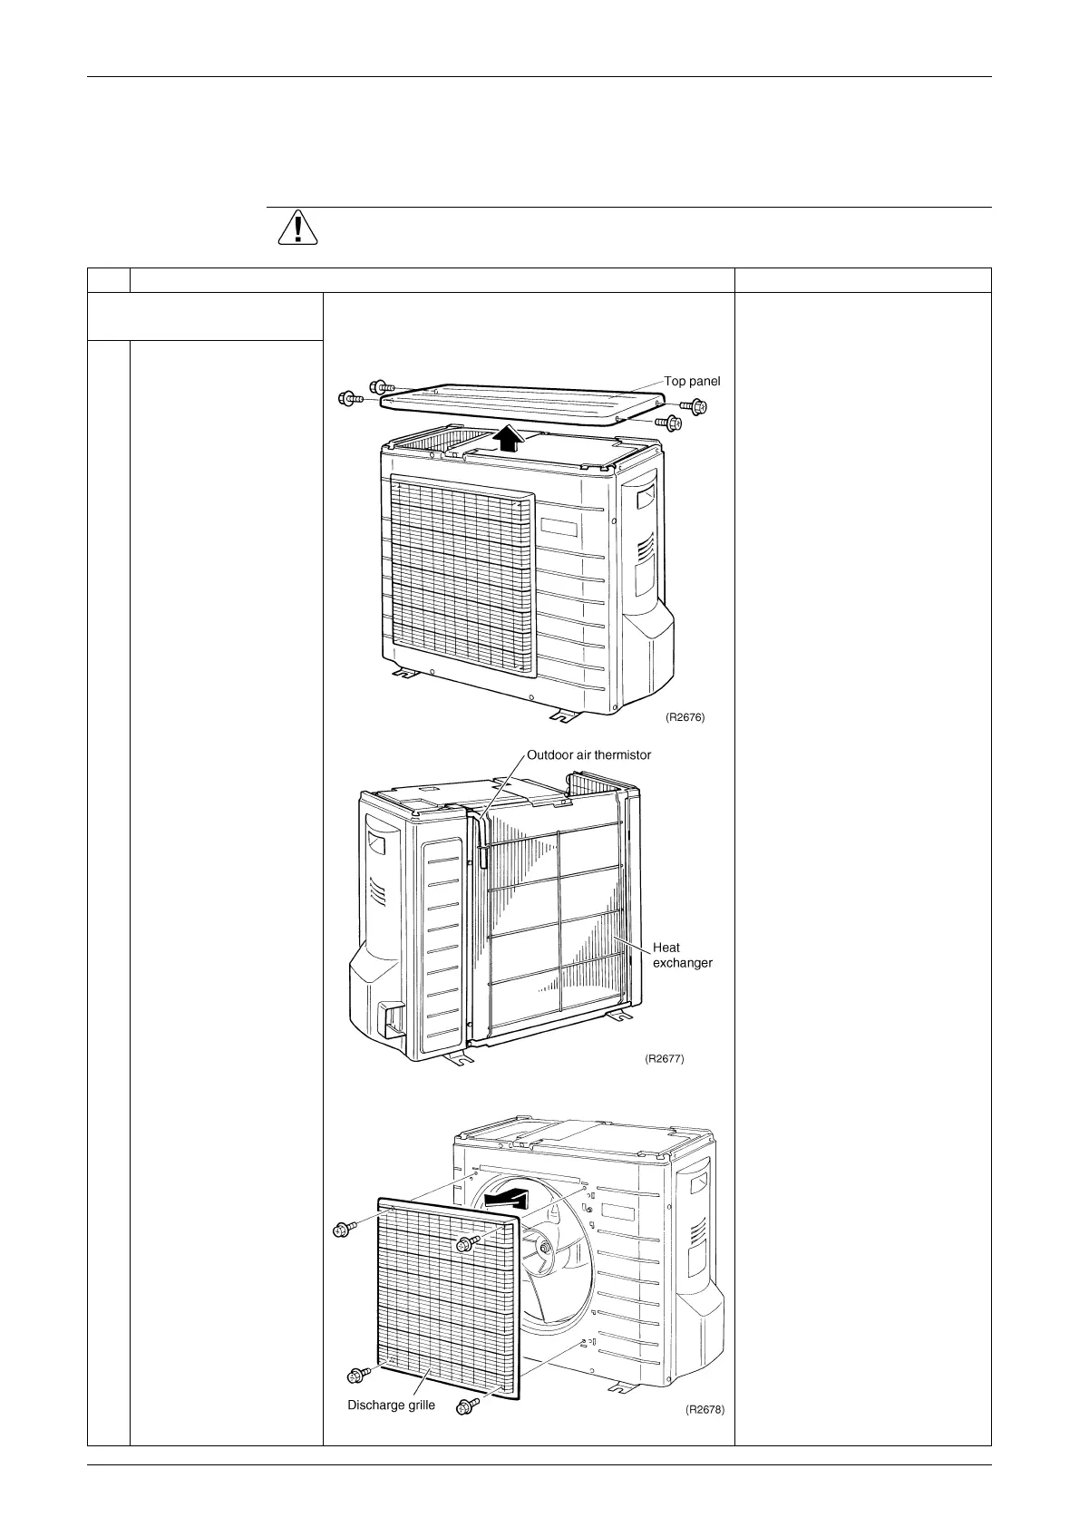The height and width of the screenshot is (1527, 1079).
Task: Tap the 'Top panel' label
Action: [692, 381]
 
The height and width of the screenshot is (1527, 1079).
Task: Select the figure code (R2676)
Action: [685, 716]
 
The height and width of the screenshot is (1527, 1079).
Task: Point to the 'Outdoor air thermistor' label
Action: [588, 754]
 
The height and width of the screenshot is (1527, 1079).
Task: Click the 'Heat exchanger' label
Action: [682, 955]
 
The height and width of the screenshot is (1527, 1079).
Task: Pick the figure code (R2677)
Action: [664, 1057]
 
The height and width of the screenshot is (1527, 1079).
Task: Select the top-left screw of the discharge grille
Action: [343, 1230]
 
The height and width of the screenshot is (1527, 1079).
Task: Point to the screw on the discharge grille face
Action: [467, 1243]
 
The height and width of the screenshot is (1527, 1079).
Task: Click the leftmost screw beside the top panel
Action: [350, 398]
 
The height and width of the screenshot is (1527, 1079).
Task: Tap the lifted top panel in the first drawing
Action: [517, 398]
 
